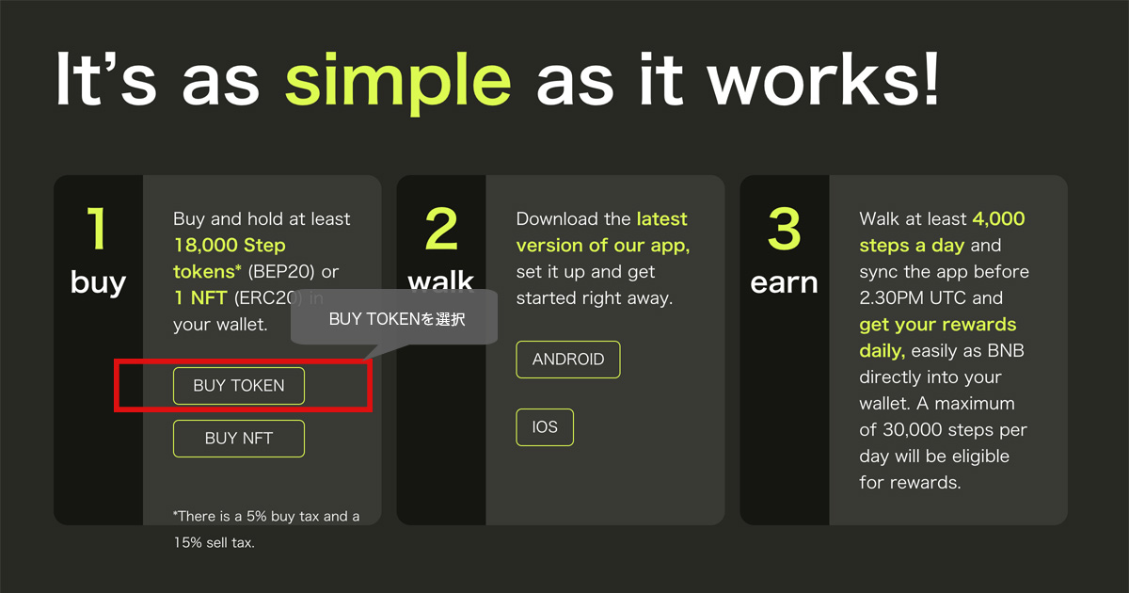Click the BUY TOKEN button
(239, 386)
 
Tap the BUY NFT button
(239, 439)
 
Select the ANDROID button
(568, 360)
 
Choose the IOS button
(545, 427)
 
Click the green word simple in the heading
(398, 81)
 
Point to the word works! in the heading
(823, 79)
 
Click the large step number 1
(97, 229)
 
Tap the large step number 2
(441, 229)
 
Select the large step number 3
(785, 229)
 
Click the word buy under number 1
(98, 282)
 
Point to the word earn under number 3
(785, 283)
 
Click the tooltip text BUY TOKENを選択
(397, 319)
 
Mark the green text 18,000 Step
(230, 246)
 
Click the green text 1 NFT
(200, 298)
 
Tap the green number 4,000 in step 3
(998, 218)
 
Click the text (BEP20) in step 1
(281, 272)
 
